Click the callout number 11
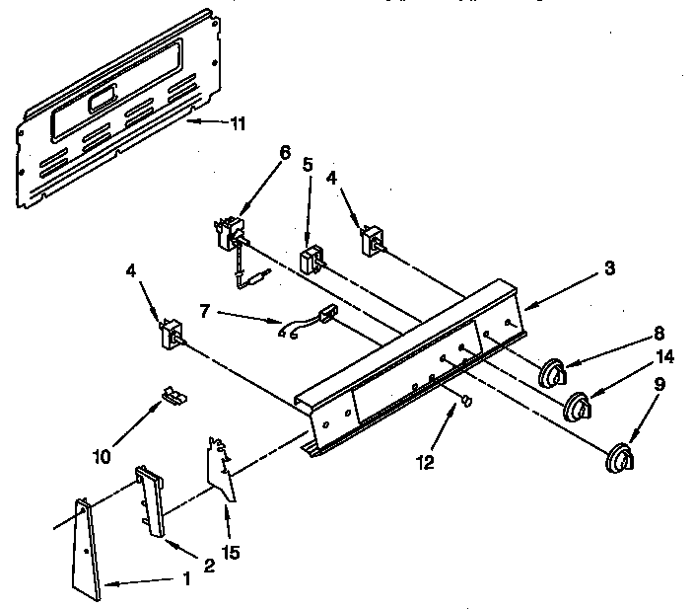(x=239, y=123)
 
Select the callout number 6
(x=285, y=152)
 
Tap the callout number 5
(x=308, y=165)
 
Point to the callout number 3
(x=610, y=268)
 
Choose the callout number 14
(x=665, y=356)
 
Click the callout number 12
(x=425, y=462)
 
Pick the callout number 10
(x=102, y=456)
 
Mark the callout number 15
(x=231, y=553)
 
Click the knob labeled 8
(x=552, y=371)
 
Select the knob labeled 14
(x=578, y=407)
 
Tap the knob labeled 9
(x=620, y=458)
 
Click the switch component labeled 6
(x=230, y=234)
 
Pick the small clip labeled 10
(x=174, y=395)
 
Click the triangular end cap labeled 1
(x=86, y=550)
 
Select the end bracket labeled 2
(x=150, y=500)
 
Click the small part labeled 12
(x=466, y=401)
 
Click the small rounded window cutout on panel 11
(x=104, y=100)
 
